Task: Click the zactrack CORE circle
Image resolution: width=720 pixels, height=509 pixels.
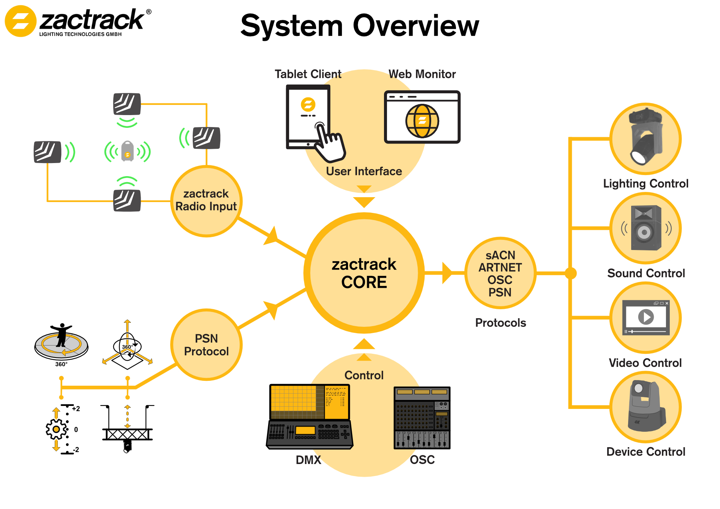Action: [x=364, y=273]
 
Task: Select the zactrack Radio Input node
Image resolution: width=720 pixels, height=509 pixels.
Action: [x=206, y=201]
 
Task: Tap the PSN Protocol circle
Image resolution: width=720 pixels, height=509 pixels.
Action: [x=206, y=345]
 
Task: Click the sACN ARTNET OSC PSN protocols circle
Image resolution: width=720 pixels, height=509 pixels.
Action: [x=500, y=273]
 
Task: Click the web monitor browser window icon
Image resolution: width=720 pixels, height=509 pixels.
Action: [x=422, y=117]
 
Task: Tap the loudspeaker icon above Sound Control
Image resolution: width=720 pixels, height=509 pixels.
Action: [x=645, y=228]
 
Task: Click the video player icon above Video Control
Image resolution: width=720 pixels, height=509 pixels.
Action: [x=645, y=317]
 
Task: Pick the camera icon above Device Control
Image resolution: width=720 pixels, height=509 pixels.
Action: [x=645, y=407]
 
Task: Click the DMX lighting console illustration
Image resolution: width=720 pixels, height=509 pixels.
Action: [x=309, y=416]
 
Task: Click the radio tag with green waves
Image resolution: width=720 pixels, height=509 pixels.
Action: [x=127, y=151]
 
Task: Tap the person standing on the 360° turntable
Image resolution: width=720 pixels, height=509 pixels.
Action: [x=61, y=335]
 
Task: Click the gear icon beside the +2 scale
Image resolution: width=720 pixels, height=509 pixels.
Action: [x=56, y=429]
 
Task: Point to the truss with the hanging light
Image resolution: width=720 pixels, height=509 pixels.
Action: [x=127, y=434]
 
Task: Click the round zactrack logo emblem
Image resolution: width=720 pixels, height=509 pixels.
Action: [x=20, y=21]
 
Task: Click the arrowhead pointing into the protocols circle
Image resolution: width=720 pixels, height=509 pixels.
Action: [x=447, y=273]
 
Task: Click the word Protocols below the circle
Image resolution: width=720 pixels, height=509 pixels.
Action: [x=500, y=323]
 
